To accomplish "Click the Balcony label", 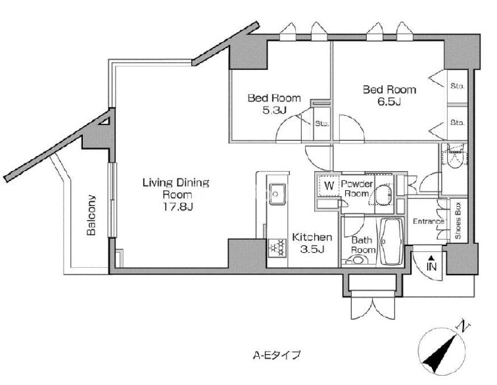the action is [x=91, y=215].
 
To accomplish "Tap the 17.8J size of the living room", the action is [x=177, y=207].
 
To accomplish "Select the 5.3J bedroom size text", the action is [x=275, y=110].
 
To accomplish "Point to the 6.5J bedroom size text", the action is [x=389, y=102].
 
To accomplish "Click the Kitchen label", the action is [x=312, y=237].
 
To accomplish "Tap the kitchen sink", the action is [x=277, y=193].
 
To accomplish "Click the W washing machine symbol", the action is [x=329, y=186].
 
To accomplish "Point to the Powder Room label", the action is [x=357, y=188].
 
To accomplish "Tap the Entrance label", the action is [x=428, y=221].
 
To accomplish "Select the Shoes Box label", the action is [x=458, y=220].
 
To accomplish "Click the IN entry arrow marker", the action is [x=431, y=263].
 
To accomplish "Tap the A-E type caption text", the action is [x=276, y=355].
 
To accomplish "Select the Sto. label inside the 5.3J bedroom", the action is [x=321, y=124].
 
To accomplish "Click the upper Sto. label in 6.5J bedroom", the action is [x=457, y=86].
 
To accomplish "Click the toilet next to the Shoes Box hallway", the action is [x=455, y=156].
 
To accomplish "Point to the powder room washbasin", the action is [x=383, y=193].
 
